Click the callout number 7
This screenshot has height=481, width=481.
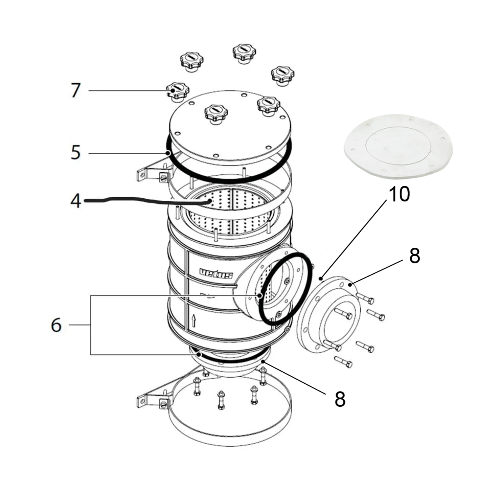[x=76, y=91]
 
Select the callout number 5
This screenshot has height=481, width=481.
[x=76, y=153]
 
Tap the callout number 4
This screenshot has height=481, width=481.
[x=76, y=201]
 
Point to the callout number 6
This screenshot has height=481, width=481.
[x=56, y=325]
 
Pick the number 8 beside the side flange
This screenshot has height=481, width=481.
[x=414, y=256]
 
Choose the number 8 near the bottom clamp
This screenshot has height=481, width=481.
[x=340, y=399]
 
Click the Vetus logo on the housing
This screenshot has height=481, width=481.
[x=216, y=274]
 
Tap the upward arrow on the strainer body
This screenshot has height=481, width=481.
[x=194, y=320]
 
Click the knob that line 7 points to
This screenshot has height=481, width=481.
[x=176, y=91]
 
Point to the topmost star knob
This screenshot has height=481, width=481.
[x=244, y=53]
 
